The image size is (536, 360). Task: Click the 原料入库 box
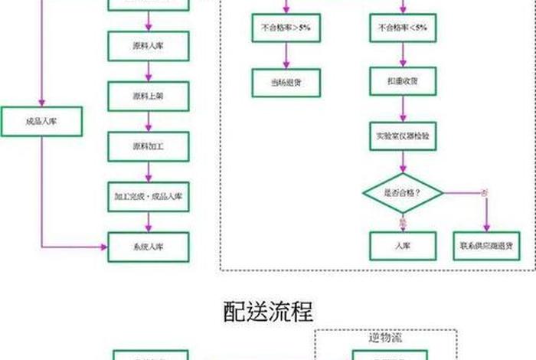point(148,46)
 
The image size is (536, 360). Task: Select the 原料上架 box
point(148,96)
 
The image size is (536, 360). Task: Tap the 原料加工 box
point(148,146)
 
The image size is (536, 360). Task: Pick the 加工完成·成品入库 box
point(148,196)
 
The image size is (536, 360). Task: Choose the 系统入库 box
point(148,247)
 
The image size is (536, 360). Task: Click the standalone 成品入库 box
point(41,121)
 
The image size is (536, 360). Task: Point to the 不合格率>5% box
point(286,28)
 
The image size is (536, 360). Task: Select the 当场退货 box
point(286,82)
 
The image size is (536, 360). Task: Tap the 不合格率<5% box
point(403,28)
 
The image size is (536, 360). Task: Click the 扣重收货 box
point(403,80)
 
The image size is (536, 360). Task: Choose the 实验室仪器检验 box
point(403,136)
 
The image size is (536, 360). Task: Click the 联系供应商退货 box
point(486,246)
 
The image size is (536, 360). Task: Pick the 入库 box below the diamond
point(403,246)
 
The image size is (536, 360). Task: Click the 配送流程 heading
point(268,311)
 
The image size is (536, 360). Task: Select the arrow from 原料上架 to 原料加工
point(148,121)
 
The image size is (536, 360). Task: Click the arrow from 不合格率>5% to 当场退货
point(286,55)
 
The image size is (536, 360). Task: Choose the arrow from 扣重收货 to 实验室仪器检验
point(403,108)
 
